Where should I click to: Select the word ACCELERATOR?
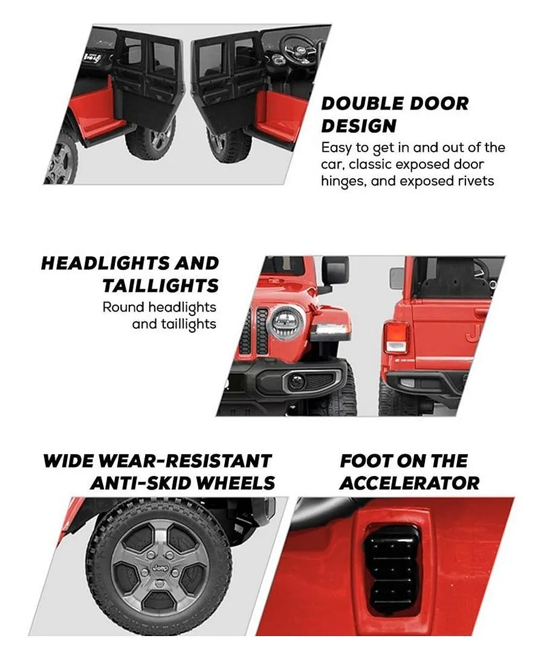pos(409,483)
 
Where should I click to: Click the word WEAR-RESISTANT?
pos(184,461)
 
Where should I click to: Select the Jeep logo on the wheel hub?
pos(160,568)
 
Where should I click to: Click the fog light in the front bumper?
pos(296,381)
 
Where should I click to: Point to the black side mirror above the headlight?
pos(334,271)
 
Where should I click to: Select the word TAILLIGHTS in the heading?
pos(161,286)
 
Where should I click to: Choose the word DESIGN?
pos(359,126)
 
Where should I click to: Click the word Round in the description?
pos(124,307)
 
